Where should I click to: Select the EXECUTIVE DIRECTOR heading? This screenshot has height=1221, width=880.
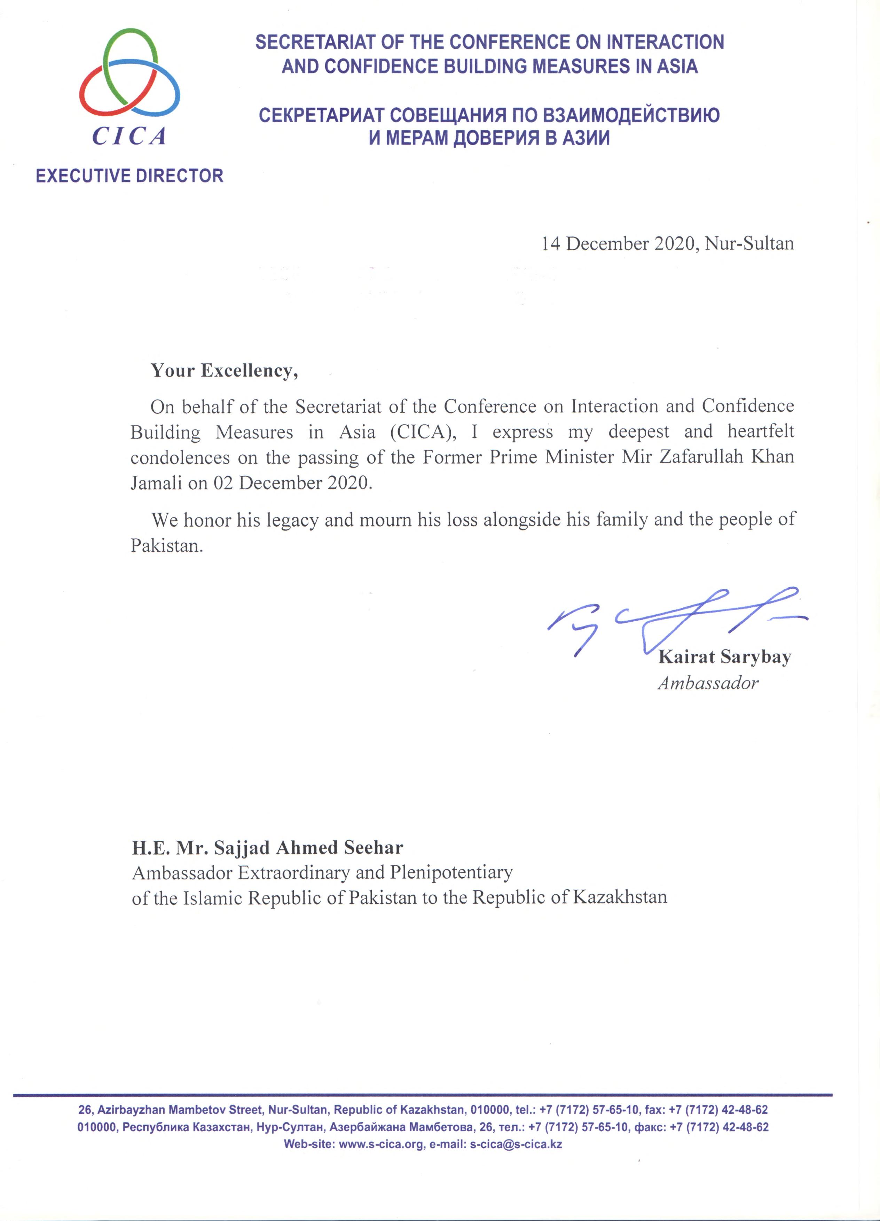pyautogui.click(x=129, y=176)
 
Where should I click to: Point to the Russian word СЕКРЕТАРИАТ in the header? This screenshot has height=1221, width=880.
pyautogui.click(x=321, y=116)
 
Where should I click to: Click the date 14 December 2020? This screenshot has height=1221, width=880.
pyautogui.click(x=619, y=244)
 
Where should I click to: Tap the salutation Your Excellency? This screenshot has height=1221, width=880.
pyautogui.click(x=224, y=371)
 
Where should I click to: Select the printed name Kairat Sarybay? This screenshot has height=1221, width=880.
pyautogui.click(x=724, y=657)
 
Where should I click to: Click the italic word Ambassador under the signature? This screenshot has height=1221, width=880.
pyautogui.click(x=708, y=684)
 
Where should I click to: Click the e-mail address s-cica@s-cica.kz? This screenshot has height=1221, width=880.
pyautogui.click(x=516, y=1144)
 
